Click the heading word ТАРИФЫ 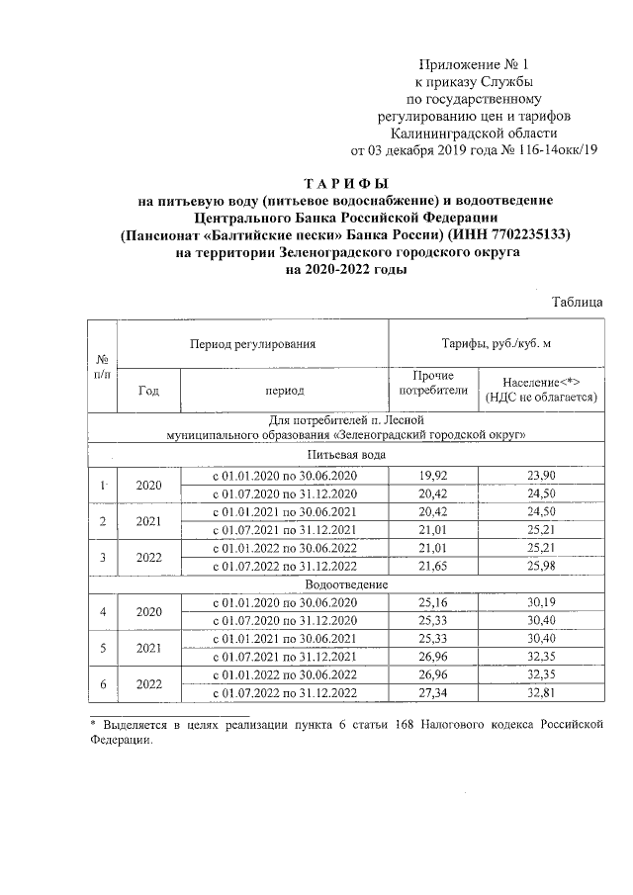point(345,184)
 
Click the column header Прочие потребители point(432,383)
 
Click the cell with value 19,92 point(432,476)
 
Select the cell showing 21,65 point(432,567)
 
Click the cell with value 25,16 point(432,603)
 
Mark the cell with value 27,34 point(432,693)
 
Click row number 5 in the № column point(103,649)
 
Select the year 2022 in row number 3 point(148,558)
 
